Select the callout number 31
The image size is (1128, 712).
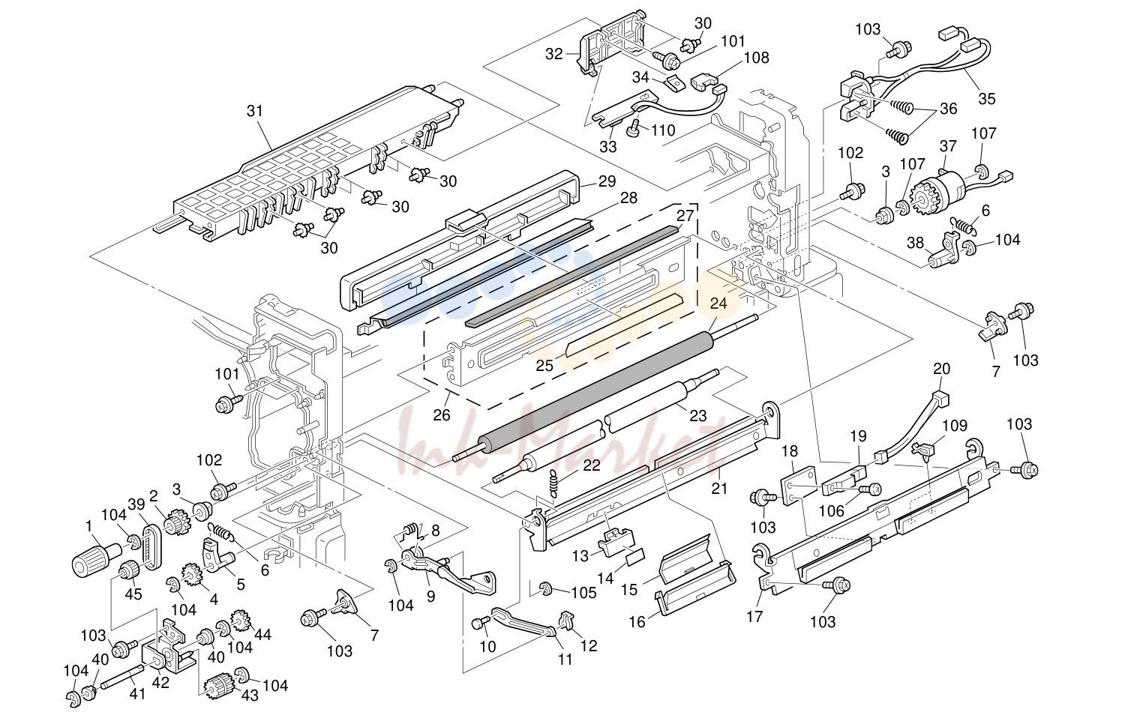pyautogui.click(x=255, y=111)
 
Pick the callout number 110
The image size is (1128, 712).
pyautogui.click(x=663, y=130)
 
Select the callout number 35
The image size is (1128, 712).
pyautogui.click(x=987, y=99)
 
